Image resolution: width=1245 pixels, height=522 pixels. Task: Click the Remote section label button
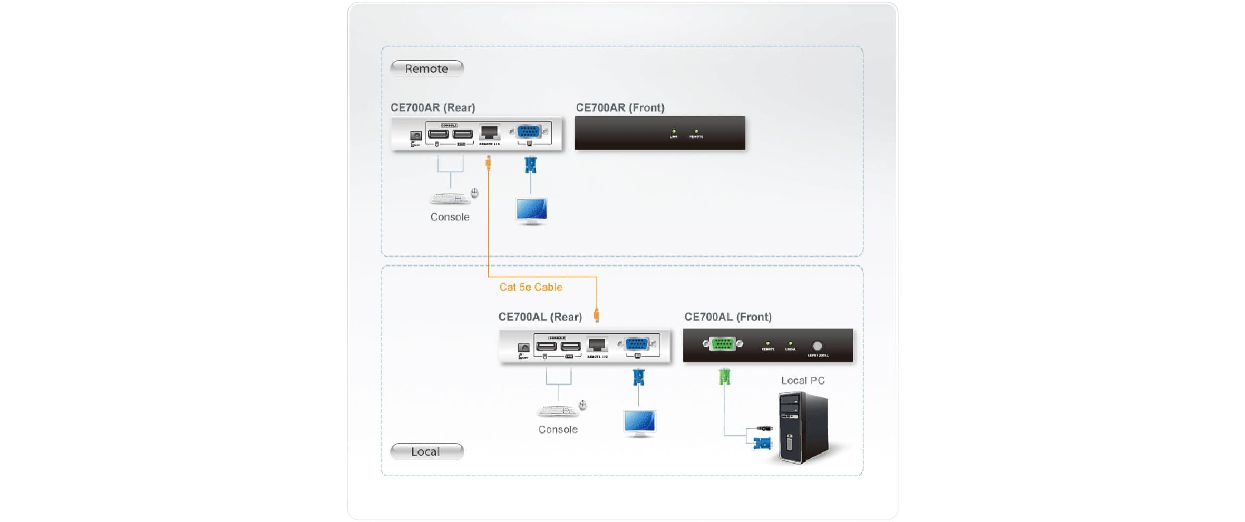[x=426, y=68]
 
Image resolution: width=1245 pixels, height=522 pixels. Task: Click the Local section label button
[x=426, y=451]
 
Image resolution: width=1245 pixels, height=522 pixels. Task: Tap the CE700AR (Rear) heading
[x=432, y=107]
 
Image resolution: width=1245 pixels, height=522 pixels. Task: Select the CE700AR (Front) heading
[x=620, y=107]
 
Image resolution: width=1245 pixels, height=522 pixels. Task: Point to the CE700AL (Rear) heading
[x=540, y=317]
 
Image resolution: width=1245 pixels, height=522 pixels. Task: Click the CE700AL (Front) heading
[x=727, y=317]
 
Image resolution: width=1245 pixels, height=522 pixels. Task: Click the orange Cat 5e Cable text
[x=530, y=287]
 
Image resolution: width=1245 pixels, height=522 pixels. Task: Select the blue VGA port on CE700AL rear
[x=637, y=344]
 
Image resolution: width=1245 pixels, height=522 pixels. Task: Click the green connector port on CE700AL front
[x=722, y=344]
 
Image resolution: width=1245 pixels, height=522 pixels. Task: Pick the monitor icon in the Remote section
[x=531, y=211]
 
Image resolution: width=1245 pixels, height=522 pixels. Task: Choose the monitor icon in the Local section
[x=639, y=423]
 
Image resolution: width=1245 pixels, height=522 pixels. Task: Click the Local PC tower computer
[x=803, y=428]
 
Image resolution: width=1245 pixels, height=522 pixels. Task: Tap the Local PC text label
[x=802, y=380]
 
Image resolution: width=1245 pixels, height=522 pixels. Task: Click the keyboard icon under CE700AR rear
[x=449, y=199]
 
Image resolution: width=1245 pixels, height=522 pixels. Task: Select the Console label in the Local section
[x=558, y=429]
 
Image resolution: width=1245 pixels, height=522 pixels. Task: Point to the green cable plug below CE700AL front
[x=724, y=376]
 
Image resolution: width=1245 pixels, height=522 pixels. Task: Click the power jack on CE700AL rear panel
[x=523, y=348]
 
